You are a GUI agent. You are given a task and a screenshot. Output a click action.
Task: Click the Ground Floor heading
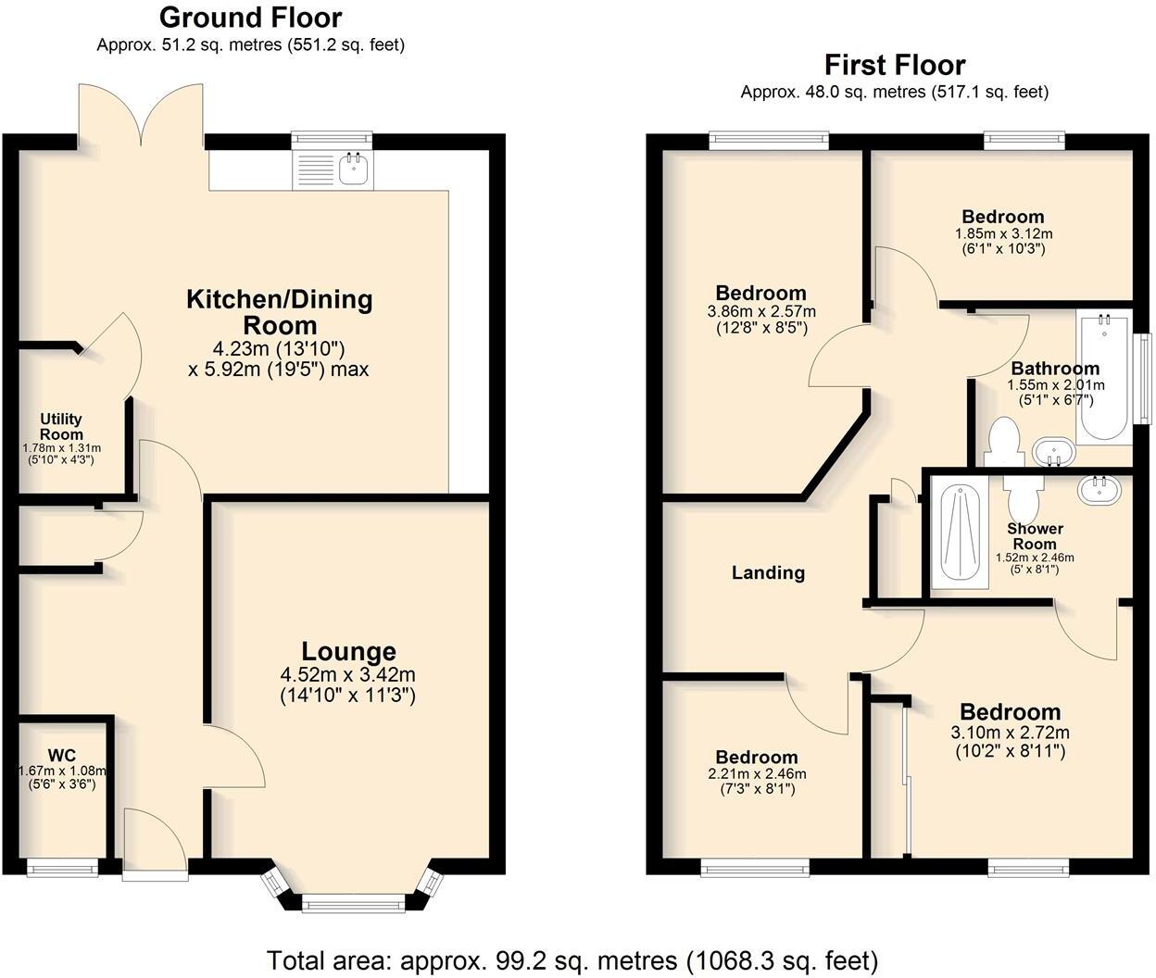click(250, 18)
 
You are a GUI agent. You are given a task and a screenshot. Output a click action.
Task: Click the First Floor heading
click(895, 65)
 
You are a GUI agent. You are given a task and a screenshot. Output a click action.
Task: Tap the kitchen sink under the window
click(353, 169)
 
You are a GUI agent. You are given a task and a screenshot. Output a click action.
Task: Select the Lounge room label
click(348, 651)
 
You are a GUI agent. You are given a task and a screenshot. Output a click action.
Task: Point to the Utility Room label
click(61, 427)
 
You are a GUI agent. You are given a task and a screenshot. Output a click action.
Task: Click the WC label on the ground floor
click(61, 756)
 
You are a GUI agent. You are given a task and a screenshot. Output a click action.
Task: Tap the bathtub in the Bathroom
click(1102, 380)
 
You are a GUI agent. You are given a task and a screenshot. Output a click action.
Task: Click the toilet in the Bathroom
click(1003, 442)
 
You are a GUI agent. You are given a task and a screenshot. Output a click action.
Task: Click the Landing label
click(768, 572)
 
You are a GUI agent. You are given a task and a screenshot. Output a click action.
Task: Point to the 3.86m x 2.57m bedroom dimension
click(761, 312)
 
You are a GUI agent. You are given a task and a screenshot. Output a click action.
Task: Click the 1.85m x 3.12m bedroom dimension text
click(1003, 234)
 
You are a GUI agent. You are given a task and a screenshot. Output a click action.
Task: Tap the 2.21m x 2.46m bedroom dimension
click(757, 774)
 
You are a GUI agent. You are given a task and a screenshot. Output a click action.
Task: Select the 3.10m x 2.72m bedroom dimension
click(1010, 733)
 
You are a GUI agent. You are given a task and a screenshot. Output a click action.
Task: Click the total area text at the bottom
click(572, 959)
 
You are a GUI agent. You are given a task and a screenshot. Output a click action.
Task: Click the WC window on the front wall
click(62, 868)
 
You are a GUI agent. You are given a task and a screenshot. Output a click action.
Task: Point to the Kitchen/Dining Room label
click(280, 312)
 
